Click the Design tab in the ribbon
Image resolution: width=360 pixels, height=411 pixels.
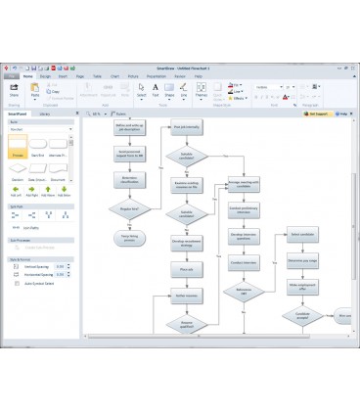(x=44, y=75)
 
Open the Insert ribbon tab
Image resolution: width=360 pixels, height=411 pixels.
(x=61, y=75)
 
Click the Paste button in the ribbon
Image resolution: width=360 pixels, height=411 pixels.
(x=34, y=89)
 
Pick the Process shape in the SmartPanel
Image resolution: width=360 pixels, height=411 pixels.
(x=17, y=147)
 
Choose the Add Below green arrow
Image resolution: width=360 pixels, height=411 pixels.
(x=64, y=190)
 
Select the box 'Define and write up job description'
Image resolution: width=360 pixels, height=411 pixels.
(x=130, y=129)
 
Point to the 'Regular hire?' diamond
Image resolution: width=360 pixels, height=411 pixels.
(x=130, y=208)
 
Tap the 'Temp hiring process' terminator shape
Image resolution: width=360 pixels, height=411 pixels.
(x=129, y=237)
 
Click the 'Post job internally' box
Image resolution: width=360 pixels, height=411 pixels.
(x=186, y=128)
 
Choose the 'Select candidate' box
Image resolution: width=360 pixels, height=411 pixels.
(x=302, y=234)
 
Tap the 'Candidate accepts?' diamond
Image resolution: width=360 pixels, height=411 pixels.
(x=302, y=315)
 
